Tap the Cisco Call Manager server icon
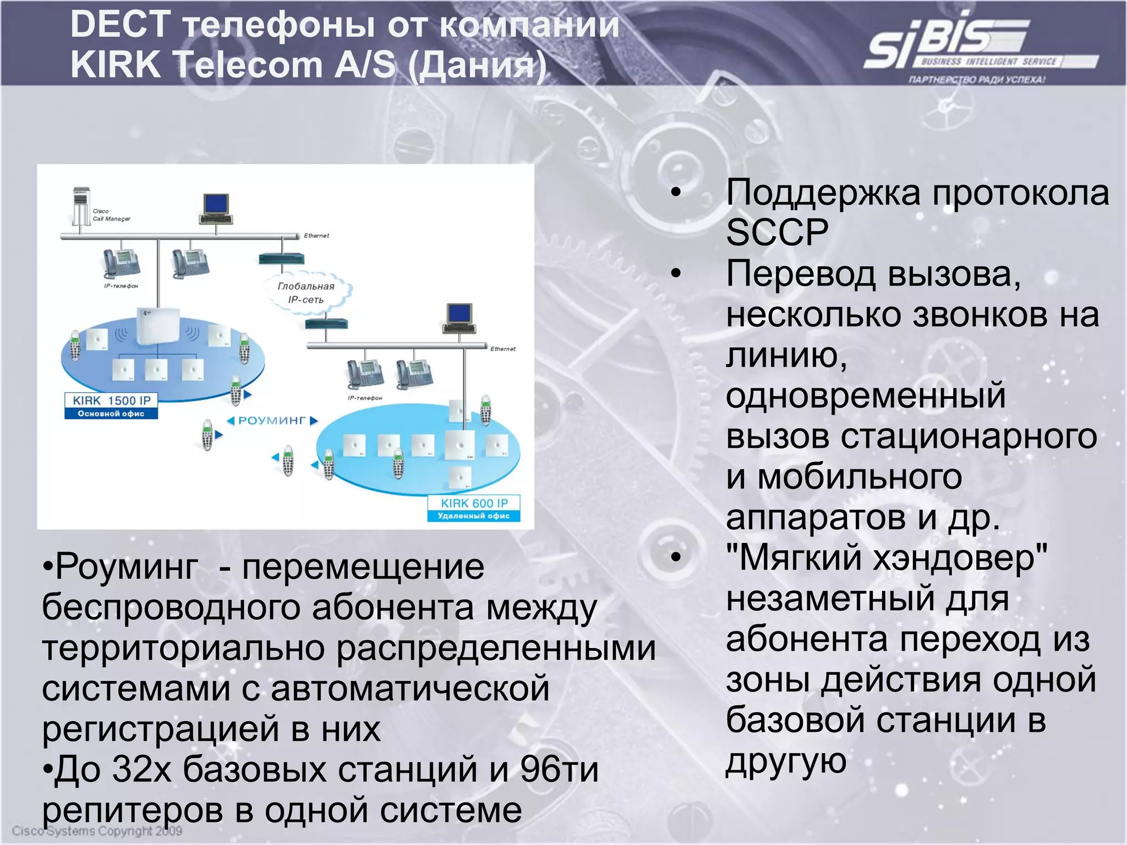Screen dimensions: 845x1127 (81, 206)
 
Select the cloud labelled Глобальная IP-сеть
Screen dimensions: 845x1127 (307, 293)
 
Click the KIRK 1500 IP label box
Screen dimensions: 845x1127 (111, 406)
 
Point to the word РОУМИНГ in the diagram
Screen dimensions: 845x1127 (272, 421)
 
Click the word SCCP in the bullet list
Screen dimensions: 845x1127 (777, 233)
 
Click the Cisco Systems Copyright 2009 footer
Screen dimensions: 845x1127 (97, 831)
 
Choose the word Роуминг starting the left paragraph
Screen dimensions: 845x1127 (127, 567)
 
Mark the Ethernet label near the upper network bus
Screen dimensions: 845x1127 (316, 235)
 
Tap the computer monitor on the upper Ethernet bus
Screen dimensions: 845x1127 (216, 208)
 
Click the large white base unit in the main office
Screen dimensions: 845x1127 (158, 326)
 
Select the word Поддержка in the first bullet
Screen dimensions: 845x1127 (823, 193)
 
